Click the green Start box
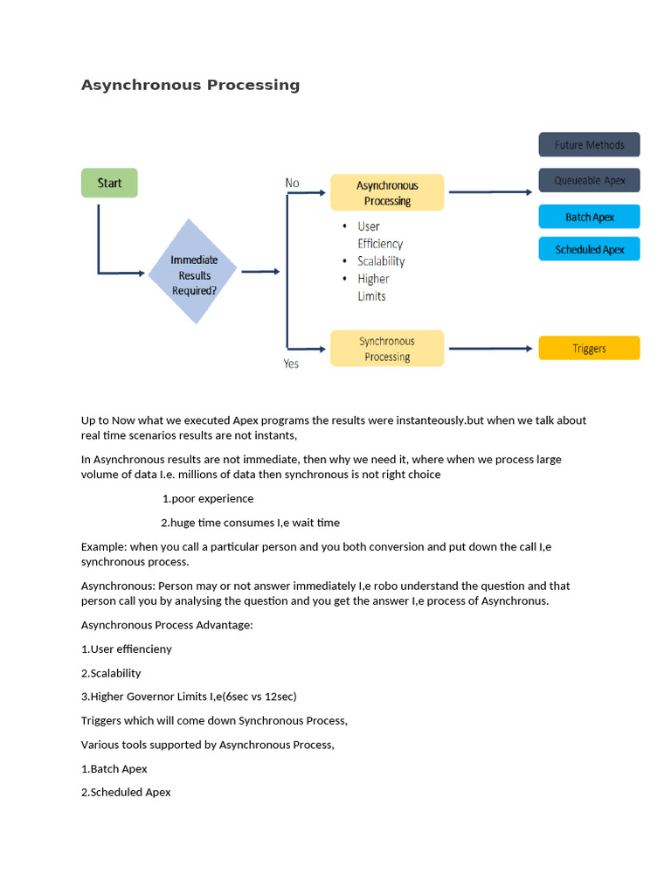(109, 183)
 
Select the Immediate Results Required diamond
(193, 272)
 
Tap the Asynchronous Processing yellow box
(387, 193)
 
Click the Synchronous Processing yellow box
(387, 348)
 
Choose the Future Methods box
(590, 144)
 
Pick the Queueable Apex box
(590, 180)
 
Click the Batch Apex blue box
(590, 217)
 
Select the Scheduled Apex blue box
(590, 249)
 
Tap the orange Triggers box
(590, 348)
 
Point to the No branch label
(292, 183)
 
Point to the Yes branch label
(291, 364)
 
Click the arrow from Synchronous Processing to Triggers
(491, 348)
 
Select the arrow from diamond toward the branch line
(260, 272)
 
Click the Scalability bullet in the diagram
(381, 260)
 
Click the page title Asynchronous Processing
(190, 85)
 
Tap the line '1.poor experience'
(208, 498)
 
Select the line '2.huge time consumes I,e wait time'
(250, 523)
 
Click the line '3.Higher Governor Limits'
(189, 697)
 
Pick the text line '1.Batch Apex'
(114, 769)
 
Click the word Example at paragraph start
(104, 547)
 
